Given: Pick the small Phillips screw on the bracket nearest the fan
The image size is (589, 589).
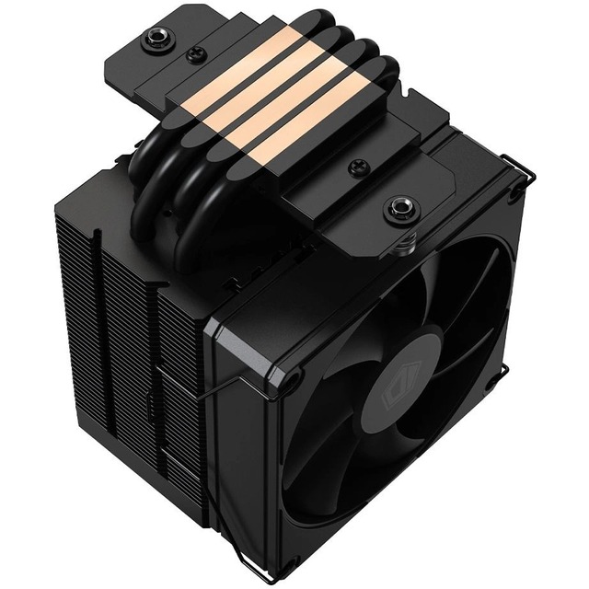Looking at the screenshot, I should point(354,167).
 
